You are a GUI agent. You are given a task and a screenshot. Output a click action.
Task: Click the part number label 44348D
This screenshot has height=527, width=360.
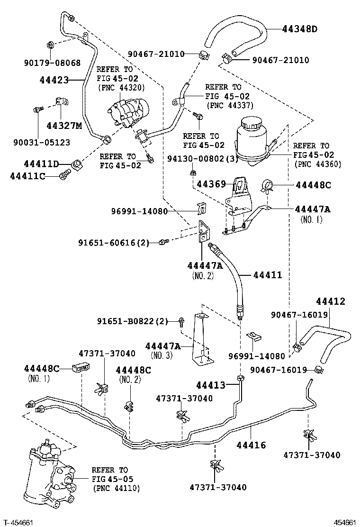(x=299, y=29)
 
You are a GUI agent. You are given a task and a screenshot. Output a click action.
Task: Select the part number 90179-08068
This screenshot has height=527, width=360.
(x=52, y=63)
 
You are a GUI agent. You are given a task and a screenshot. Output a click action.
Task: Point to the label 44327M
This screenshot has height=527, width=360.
(x=64, y=126)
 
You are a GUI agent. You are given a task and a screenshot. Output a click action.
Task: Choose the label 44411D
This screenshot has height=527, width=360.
(x=41, y=164)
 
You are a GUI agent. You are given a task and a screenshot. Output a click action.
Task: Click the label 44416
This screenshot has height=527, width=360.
(x=251, y=445)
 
